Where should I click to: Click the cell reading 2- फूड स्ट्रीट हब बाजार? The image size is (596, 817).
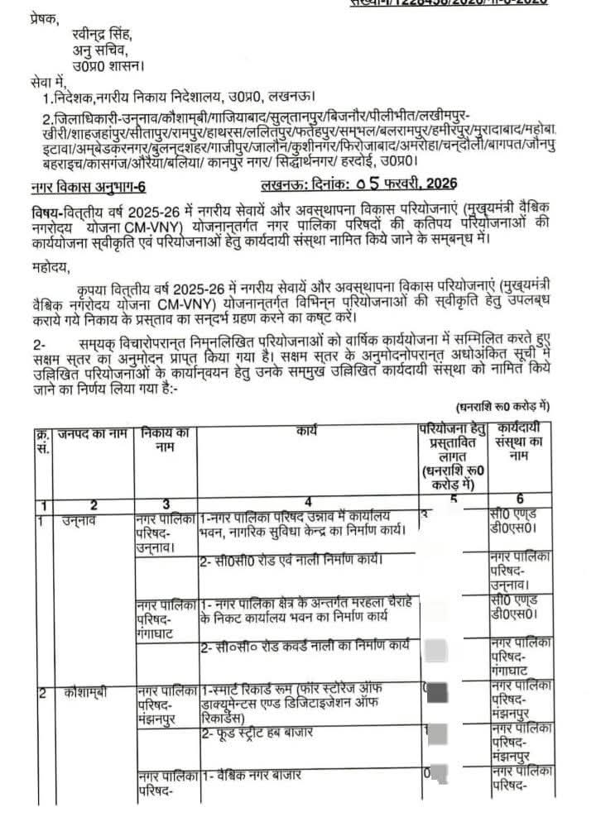[x=271, y=733]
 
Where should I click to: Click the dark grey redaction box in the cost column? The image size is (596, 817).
[x=437, y=691]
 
